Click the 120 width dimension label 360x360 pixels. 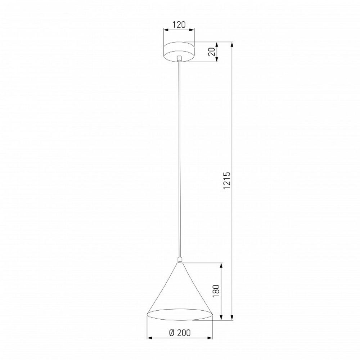(179, 24)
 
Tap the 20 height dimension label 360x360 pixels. (212, 53)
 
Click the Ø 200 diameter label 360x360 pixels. (179, 333)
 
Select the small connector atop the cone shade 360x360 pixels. (179, 259)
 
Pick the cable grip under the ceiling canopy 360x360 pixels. (179, 59)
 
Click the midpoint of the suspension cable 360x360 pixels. (179, 158)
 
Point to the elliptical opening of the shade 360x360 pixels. (179, 314)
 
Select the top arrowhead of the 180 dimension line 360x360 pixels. (221, 265)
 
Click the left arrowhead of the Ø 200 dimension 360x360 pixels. (149, 338)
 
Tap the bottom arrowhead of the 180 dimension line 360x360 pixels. (221, 318)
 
